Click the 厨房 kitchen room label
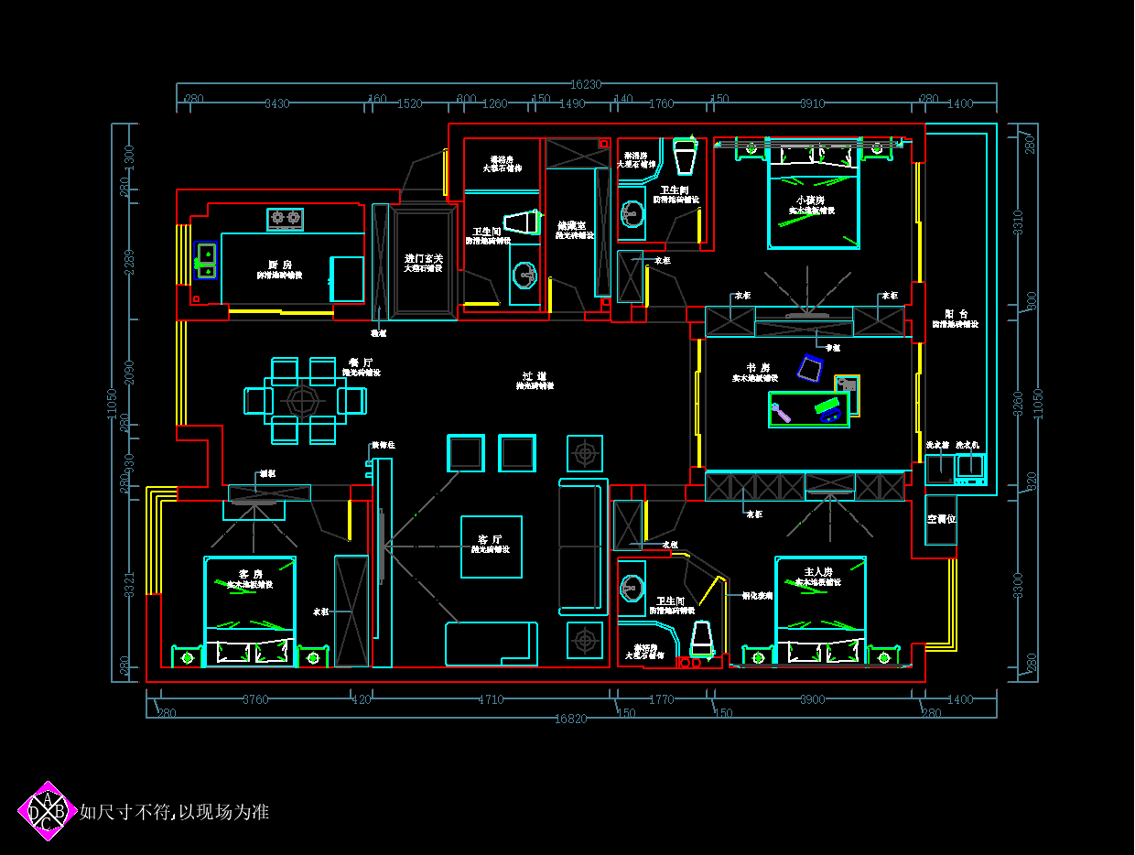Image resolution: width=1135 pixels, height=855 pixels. [280, 264]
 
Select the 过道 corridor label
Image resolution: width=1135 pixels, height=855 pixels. [535, 375]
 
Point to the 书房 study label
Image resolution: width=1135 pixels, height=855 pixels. [758, 367]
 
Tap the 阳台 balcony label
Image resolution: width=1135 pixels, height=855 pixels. [956, 313]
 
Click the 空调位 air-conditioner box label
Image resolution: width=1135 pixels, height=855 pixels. [941, 519]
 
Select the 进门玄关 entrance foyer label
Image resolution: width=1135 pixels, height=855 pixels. [424, 258]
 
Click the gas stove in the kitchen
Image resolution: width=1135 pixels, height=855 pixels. [285, 218]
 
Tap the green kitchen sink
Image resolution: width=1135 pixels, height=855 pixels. [206, 260]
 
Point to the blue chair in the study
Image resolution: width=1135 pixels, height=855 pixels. [811, 368]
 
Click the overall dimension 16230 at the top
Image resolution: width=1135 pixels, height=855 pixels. [586, 84]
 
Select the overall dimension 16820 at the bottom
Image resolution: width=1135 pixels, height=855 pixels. [571, 719]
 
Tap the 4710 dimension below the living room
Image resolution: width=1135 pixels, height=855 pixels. [491, 699]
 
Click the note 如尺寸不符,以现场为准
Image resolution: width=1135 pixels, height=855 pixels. [174, 812]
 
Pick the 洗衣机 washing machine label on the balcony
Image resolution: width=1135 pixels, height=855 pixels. [967, 445]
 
